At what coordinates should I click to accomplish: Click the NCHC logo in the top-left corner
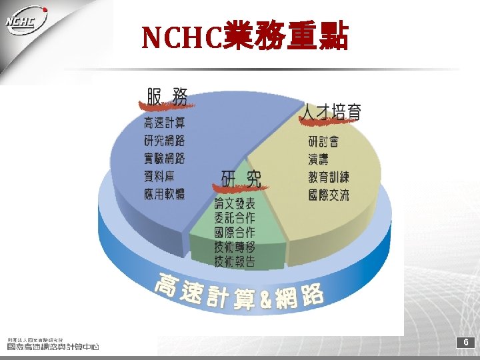click(x=27, y=24)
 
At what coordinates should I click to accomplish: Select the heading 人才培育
click(x=331, y=112)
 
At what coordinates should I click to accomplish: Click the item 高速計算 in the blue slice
click(x=164, y=123)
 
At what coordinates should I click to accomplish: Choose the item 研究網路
click(x=164, y=141)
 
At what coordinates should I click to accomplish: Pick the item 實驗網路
click(x=164, y=159)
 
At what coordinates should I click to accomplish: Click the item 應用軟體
click(x=164, y=194)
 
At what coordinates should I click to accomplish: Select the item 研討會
click(x=323, y=141)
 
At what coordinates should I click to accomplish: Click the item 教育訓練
click(x=329, y=177)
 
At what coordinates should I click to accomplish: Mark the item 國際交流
click(x=329, y=195)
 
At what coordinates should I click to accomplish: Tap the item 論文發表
click(x=234, y=203)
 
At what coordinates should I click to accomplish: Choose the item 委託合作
click(x=234, y=217)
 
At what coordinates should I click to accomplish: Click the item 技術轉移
click(x=234, y=247)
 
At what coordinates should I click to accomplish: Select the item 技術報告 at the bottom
click(x=234, y=261)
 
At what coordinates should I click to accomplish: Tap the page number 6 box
click(x=466, y=342)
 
